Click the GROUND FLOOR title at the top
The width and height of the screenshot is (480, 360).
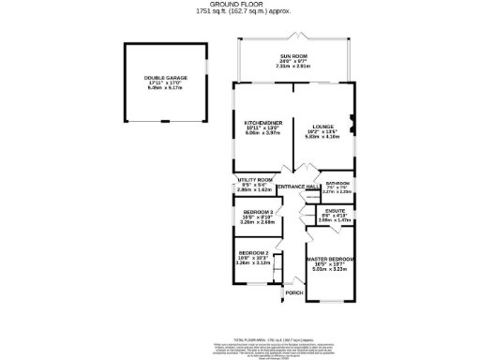click(240, 5)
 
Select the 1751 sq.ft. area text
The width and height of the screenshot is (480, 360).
click(240, 12)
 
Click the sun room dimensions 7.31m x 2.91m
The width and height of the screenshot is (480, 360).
click(294, 67)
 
